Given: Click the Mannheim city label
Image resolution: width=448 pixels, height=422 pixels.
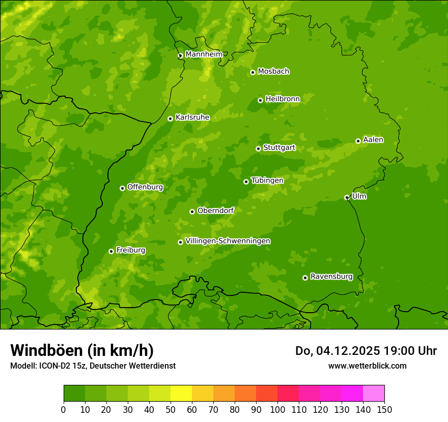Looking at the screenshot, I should (x=204, y=54).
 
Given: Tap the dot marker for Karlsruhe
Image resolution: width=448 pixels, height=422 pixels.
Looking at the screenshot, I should (x=170, y=118).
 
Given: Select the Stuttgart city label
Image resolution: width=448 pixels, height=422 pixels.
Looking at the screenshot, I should (x=279, y=148).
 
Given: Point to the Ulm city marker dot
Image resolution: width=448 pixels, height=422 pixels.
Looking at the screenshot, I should (x=347, y=197).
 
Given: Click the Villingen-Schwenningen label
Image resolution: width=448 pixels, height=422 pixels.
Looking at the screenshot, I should (x=228, y=241).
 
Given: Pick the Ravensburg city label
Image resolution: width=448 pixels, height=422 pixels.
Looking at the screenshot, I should (x=331, y=277).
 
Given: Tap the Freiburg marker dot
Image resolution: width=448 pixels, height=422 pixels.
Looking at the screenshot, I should (x=111, y=251).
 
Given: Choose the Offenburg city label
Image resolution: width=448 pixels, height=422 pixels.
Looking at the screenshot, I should (x=145, y=187).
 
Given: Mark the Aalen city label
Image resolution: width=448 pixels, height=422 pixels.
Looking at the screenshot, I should (x=373, y=140).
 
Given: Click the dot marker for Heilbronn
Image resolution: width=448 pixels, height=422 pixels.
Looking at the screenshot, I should (x=260, y=100).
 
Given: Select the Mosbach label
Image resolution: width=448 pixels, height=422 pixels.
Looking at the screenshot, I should (x=273, y=72).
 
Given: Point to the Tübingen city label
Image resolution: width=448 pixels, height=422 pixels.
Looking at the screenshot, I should (x=267, y=180).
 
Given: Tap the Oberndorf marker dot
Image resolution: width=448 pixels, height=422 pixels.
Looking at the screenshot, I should (x=192, y=212).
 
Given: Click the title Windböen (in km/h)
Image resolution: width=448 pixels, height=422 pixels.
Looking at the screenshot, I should (x=81, y=350).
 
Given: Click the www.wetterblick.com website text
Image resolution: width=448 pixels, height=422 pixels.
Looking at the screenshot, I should (x=367, y=366).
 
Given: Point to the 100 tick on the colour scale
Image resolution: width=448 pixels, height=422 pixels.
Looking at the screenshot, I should (x=277, y=409).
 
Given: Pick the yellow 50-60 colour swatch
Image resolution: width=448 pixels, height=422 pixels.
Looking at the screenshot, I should (x=181, y=394).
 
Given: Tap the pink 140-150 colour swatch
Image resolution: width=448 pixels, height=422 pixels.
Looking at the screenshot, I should (x=374, y=394).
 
